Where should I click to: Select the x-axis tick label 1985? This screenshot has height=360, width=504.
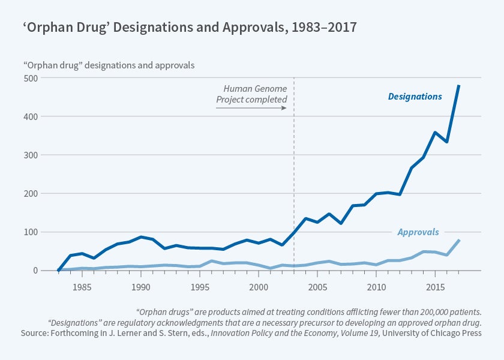pos(82,287)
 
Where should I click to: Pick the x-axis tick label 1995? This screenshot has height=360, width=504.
pos(200,287)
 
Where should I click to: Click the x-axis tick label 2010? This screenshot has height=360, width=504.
pos(376,287)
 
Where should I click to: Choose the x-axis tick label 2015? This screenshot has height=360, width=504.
pos(435,287)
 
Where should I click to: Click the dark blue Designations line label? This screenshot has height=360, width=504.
pos(415,96)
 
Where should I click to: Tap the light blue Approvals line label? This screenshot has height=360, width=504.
pos(418,232)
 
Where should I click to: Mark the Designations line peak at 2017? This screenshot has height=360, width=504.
pos(459,86)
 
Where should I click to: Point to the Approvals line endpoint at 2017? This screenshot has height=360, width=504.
pos(459,241)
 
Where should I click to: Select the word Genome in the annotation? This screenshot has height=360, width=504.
pos(269,88)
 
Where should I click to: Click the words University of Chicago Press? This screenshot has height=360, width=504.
pos(430,332)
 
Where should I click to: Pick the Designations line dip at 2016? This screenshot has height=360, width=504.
pos(447,142)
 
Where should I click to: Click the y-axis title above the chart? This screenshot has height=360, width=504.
pos(109,64)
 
